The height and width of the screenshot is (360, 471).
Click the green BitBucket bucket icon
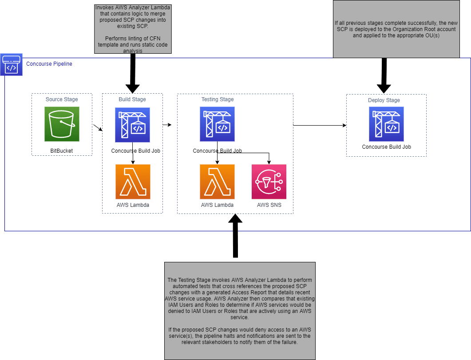pos(62,123)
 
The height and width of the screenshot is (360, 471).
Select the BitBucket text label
pos(62,151)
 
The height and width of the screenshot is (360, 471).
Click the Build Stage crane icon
pos(132,125)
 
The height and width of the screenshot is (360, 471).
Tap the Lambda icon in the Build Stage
pos(133,182)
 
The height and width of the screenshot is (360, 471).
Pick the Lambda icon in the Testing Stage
pos(217,182)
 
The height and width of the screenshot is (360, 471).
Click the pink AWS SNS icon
pos(269,182)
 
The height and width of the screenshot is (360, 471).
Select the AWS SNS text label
pos(269,205)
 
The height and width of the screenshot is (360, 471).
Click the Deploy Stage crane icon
pos(386,124)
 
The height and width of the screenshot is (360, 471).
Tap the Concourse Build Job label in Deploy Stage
pos(386,147)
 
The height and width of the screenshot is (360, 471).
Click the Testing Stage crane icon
pos(217,124)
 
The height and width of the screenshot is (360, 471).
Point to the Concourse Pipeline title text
pos(49,64)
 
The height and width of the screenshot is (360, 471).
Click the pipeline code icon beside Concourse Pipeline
pos(11,65)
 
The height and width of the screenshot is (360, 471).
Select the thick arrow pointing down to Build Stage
pos(132,73)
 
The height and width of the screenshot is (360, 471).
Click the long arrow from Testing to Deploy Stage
pos(320,125)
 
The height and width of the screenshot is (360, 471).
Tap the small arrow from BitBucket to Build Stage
pos(97,128)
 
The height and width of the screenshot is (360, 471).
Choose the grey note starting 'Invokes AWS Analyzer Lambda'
pos(133,28)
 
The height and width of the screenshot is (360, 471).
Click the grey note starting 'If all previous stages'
pos(396,29)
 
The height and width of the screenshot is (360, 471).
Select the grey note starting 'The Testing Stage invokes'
pos(240,310)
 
